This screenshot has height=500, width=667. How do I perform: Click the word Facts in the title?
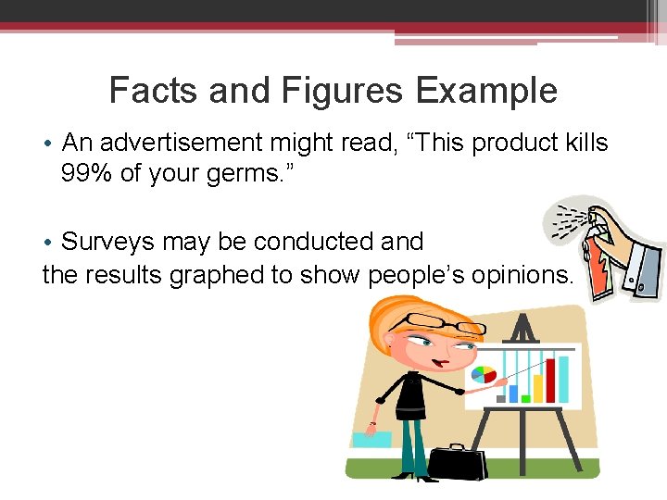click(x=154, y=92)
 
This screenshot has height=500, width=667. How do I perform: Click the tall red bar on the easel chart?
click(x=562, y=380)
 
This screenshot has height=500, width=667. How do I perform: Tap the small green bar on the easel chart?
click(x=525, y=398)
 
